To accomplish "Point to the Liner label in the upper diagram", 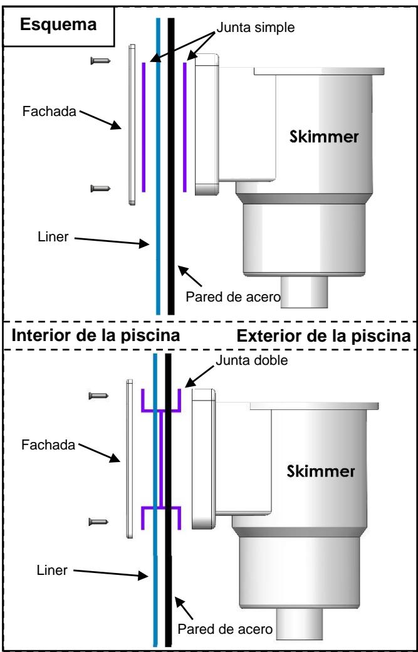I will [x=51, y=238].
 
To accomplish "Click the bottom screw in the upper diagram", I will [x=100, y=188].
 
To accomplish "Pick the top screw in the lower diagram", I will [x=98, y=395].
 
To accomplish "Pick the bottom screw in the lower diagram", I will [x=98, y=520].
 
